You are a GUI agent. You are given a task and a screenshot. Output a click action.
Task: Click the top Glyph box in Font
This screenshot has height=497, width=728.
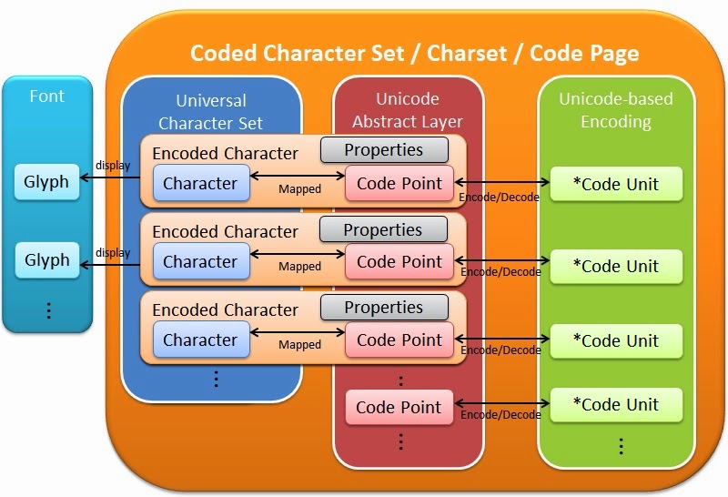pos(46,182)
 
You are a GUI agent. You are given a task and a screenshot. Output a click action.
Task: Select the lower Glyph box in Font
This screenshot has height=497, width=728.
pos(46,260)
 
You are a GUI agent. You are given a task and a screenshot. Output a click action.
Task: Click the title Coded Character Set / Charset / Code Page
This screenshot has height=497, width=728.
pos(414,53)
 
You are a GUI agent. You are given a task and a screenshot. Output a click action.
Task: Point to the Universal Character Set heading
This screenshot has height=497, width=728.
pos(211,110)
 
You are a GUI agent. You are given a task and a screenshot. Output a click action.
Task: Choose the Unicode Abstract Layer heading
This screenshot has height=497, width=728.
pos(408,110)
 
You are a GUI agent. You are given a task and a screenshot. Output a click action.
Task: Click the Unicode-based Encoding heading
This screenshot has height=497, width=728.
pos(617,110)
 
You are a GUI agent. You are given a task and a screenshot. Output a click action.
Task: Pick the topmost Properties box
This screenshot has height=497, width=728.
pos(383,150)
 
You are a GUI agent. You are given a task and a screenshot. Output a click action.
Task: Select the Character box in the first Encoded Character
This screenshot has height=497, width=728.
pos(200,183)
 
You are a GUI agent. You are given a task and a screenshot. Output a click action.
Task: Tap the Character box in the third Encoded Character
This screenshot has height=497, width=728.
pos(200,340)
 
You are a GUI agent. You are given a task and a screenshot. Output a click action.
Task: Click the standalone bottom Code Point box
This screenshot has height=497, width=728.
pos(399,408)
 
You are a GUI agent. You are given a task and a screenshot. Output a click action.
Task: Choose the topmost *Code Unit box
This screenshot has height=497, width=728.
pos(617,184)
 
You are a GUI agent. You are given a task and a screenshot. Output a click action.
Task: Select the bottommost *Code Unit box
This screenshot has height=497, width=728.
pos(617,404)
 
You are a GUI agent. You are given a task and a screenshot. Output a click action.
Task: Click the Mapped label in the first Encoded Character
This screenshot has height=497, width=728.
pos(299,189)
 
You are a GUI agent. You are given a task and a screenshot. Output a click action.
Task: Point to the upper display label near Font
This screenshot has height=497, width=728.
pos(113,166)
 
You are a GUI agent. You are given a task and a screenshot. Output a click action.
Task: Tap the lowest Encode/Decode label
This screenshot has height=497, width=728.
pos(500,415)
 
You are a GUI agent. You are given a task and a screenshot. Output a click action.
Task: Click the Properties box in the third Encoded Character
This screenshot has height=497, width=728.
pos(383,308)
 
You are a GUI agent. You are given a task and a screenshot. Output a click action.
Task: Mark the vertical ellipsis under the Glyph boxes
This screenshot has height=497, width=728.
pos(48,310)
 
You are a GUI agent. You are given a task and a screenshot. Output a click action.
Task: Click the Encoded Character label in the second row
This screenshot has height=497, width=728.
pos(225,232)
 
